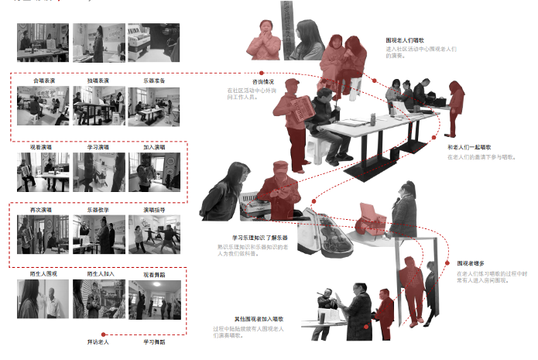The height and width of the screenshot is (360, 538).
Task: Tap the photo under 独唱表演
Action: click(98, 106)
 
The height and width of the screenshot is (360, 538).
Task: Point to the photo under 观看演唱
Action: click(42, 172)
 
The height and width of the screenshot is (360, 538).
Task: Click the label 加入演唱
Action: click(153, 146)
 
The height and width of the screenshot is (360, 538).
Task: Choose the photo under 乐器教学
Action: click(98, 235)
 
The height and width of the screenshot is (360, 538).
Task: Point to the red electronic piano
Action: click(375, 218)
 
